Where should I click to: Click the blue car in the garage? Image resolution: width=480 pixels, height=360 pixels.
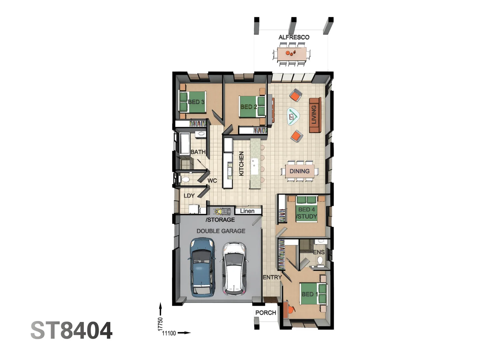point(202,267)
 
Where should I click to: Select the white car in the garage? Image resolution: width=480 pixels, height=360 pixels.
point(234,268)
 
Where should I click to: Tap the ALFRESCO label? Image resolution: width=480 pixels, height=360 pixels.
point(294,37)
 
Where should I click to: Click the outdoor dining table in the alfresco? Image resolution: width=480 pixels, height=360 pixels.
point(292,53)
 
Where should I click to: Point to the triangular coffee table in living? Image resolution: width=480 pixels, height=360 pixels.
point(293,117)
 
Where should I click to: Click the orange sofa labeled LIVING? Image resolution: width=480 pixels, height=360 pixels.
point(314,115)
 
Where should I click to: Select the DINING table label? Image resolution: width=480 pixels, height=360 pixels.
point(299,171)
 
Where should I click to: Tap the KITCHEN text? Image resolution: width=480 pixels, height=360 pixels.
point(241,163)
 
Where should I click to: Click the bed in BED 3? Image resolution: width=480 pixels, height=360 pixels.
point(191,102)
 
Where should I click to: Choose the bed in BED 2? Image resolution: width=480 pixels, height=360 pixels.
point(252,107)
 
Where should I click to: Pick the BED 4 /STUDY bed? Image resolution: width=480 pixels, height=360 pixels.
point(307,210)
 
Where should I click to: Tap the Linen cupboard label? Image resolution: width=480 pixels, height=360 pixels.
point(247,211)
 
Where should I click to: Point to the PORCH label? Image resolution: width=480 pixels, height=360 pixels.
point(265,313)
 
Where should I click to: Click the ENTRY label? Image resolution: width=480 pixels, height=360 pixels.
point(272,277)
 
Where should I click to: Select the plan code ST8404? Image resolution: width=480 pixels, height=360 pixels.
point(71,331)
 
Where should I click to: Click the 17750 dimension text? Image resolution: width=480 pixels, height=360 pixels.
point(160,324)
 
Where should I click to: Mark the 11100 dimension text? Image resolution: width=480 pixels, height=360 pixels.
point(169,333)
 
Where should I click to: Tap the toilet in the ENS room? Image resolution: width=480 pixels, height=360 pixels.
point(320,260)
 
